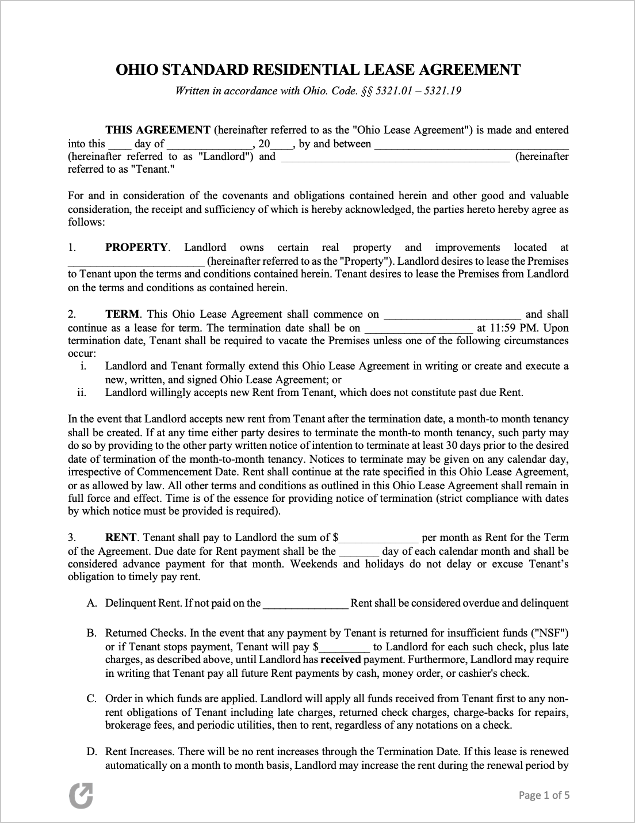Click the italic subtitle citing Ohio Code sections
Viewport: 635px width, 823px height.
coord(318,91)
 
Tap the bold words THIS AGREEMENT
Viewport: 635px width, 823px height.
coord(158,130)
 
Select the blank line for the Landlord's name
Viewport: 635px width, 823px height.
coord(471,145)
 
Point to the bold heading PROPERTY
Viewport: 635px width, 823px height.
coord(136,247)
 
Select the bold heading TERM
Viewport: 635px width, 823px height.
coord(122,314)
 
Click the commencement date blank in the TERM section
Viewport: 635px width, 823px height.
coord(452,315)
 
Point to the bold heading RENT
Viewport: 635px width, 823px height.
coord(121,538)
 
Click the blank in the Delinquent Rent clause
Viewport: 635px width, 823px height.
coord(305,604)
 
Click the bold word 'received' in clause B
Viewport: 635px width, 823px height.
coord(340,660)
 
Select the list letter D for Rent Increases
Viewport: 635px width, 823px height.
coord(91,752)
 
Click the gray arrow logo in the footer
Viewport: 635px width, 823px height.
coord(81,795)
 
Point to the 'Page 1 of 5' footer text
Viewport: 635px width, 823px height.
coord(544,795)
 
